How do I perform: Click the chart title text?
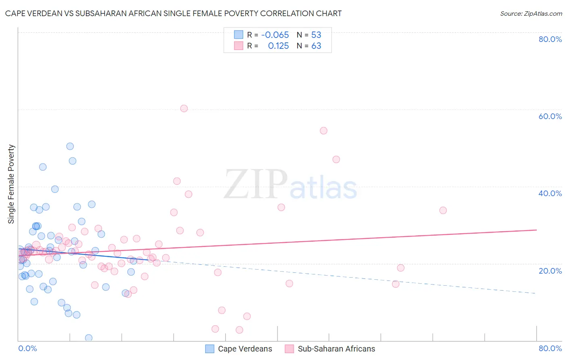tap(173, 13)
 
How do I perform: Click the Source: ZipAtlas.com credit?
tap(531, 13)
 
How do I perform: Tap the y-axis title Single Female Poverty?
tap(11, 184)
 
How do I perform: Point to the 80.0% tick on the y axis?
tap(550, 39)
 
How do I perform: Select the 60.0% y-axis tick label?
tap(550, 116)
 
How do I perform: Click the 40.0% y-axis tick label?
tap(550, 193)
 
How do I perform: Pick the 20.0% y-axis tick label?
tap(550, 270)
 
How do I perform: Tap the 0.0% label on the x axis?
tap(27, 348)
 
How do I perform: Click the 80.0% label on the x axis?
tap(550, 348)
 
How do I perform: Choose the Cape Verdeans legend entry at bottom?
tap(239, 349)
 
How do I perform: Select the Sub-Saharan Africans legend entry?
tap(330, 349)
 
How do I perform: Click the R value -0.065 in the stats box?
tap(275, 35)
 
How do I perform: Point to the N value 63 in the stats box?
tap(316, 46)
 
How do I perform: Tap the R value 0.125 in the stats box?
tap(278, 46)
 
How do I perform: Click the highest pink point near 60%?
tap(184, 108)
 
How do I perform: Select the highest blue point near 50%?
tap(70, 147)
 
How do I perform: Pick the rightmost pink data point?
tap(443, 210)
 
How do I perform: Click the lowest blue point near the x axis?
tap(89, 338)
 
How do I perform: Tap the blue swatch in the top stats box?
tap(239, 35)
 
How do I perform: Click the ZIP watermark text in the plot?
tap(256, 184)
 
